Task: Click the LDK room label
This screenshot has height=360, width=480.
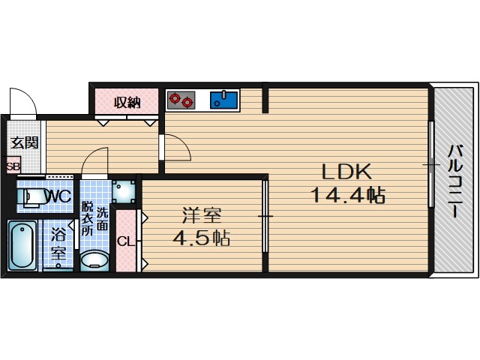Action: tap(346, 172)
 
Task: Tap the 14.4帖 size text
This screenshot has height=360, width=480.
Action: tap(348, 195)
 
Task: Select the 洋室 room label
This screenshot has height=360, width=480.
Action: tap(202, 215)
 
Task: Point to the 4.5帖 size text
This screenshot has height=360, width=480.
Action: tap(202, 238)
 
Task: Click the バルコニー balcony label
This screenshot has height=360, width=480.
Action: tap(455, 181)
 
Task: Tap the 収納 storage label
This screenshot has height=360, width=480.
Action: tap(127, 102)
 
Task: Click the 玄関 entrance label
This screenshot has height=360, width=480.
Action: tap(25, 142)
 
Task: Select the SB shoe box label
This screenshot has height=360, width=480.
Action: tap(13, 166)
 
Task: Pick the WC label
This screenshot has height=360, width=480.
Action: tap(60, 196)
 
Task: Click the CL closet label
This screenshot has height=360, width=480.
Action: tap(126, 242)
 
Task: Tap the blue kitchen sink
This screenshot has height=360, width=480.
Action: tap(223, 100)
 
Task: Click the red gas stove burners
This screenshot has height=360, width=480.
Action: tap(181, 100)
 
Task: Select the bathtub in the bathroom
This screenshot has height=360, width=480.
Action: tap(22, 245)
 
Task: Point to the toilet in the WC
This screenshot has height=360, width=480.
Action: tap(33, 196)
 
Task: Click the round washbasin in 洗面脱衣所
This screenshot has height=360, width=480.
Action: tap(94, 260)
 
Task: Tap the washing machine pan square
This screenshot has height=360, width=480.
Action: tap(123, 191)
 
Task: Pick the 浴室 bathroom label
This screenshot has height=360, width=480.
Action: tap(58, 244)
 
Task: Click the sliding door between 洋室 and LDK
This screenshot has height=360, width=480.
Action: tap(265, 216)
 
